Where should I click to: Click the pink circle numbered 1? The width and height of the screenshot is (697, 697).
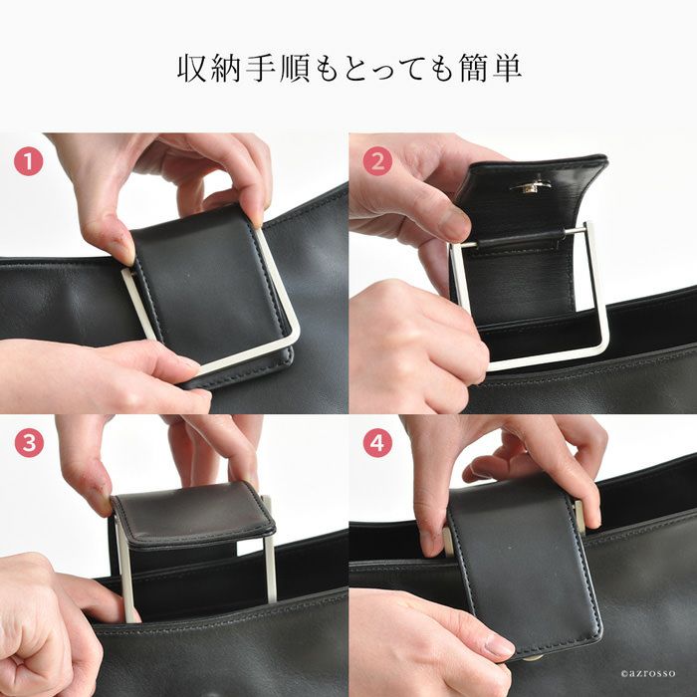coord(29,161)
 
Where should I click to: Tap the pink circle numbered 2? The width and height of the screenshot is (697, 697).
coord(377,161)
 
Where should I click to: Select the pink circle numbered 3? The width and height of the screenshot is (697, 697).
coord(29,443)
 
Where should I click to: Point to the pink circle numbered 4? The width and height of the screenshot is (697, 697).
coord(377,443)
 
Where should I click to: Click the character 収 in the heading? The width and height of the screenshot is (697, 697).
coord(192,68)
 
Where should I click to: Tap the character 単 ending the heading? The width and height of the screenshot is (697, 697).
coord(506,68)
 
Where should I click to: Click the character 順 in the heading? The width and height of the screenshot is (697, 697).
coord(295,68)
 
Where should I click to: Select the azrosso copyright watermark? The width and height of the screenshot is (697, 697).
coord(647,674)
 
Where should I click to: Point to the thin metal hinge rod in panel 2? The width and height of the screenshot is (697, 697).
coord(525,237)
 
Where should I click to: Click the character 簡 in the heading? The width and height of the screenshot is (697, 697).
coord(474,68)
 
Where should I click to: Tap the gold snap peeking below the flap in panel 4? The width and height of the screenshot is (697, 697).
coord(533,657)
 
